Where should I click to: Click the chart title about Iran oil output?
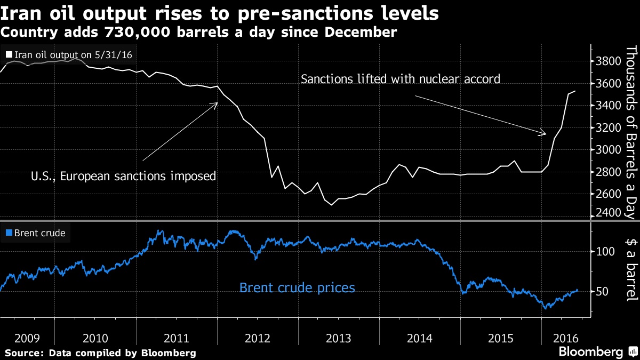[220, 13]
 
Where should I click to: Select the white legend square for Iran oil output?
[9, 54]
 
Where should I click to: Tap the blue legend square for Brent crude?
[9, 233]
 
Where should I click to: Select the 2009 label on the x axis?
[27, 338]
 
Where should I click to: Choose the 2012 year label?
[258, 338]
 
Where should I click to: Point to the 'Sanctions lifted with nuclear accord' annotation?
[401, 79]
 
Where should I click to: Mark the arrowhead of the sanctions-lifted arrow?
[544, 133]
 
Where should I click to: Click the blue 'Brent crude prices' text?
[297, 288]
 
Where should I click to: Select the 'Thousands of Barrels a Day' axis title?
[631, 132]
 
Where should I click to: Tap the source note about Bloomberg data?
[100, 353]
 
